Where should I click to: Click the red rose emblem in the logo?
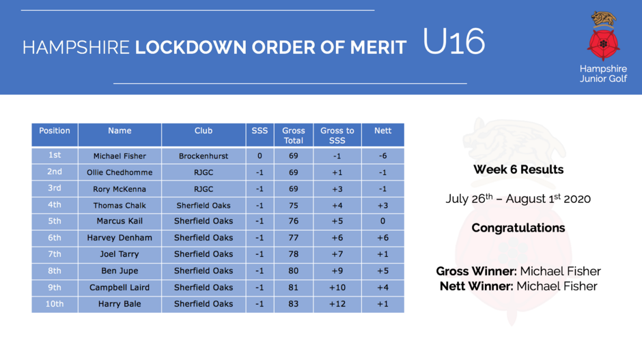pyautogui.click(x=603, y=44)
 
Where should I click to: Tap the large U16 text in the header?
pyautogui.click(x=453, y=42)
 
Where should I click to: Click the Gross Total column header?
pyautogui.click(x=294, y=135)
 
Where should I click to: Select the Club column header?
pyautogui.click(x=204, y=130)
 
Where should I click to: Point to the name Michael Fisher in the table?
pyautogui.click(x=120, y=156)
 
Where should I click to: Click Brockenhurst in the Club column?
pyautogui.click(x=204, y=156)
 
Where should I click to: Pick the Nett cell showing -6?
pyautogui.click(x=382, y=156)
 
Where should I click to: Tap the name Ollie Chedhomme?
pyautogui.click(x=120, y=172)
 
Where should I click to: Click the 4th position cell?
pyautogui.click(x=55, y=205)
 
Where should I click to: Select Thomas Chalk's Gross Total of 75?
pyautogui.click(x=294, y=205)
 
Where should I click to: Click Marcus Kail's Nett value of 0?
pyautogui.click(x=383, y=221)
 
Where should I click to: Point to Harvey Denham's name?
pyautogui.click(x=120, y=238)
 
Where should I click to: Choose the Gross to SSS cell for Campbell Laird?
pyautogui.click(x=337, y=288)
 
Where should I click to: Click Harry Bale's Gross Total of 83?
pyautogui.click(x=294, y=304)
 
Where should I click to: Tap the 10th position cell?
pyautogui.click(x=55, y=304)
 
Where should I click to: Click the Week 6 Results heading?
pyautogui.click(x=518, y=169)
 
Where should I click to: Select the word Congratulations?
pyautogui.click(x=518, y=227)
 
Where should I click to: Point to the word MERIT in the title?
pyautogui.click(x=378, y=48)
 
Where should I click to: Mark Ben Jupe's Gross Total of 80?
pyautogui.click(x=294, y=271)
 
